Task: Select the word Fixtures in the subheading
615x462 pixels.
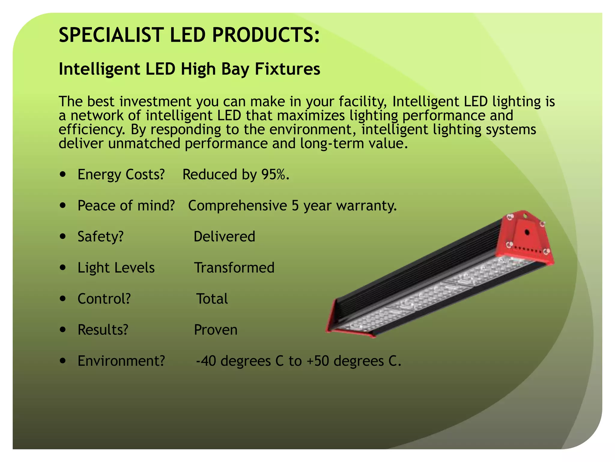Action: (x=287, y=69)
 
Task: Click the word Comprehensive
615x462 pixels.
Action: (x=237, y=206)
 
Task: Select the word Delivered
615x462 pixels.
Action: (x=224, y=236)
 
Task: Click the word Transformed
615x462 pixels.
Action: (x=234, y=268)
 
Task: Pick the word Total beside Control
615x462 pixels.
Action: (x=212, y=299)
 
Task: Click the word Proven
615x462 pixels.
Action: (x=216, y=330)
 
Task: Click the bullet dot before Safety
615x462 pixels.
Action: (x=63, y=236)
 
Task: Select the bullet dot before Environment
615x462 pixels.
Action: (x=63, y=361)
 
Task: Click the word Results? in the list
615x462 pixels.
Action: (x=103, y=330)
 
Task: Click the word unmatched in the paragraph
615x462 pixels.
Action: (x=144, y=143)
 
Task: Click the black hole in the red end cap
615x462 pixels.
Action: (x=527, y=232)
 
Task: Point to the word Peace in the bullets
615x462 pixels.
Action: (x=95, y=206)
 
